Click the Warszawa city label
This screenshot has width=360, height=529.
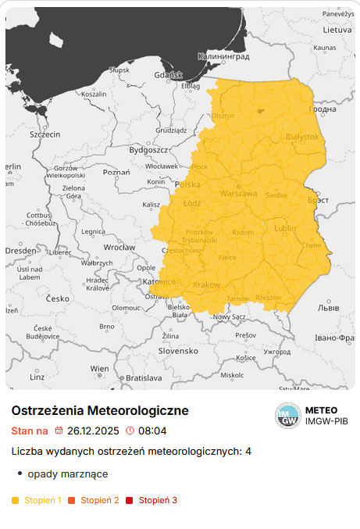238,193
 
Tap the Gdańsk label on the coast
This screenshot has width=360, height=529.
168,75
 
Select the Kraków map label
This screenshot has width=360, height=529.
207,285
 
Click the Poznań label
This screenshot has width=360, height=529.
116,172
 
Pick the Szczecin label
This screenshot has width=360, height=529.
45,134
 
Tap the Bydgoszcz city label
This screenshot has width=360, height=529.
148,149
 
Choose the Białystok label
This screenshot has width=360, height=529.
303,137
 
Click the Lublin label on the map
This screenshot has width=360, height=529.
286,228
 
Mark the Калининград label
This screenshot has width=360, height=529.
223,57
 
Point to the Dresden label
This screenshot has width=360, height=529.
20,250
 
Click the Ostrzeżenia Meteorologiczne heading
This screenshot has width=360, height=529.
100,410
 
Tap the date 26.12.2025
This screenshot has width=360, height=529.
93,431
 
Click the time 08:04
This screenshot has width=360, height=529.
151,431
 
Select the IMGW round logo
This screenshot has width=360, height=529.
287,416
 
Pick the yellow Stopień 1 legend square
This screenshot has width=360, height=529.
16,500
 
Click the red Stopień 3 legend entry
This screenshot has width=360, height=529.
158,500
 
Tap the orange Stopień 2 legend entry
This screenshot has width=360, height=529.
99,500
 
